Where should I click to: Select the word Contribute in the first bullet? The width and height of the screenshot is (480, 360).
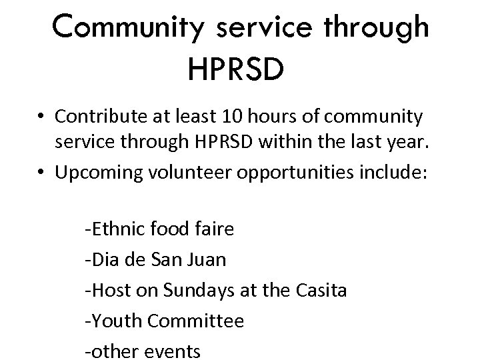tap(97, 117)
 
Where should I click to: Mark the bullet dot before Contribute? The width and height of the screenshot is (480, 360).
tap(41, 118)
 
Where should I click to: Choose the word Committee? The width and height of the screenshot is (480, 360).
tap(196, 321)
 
